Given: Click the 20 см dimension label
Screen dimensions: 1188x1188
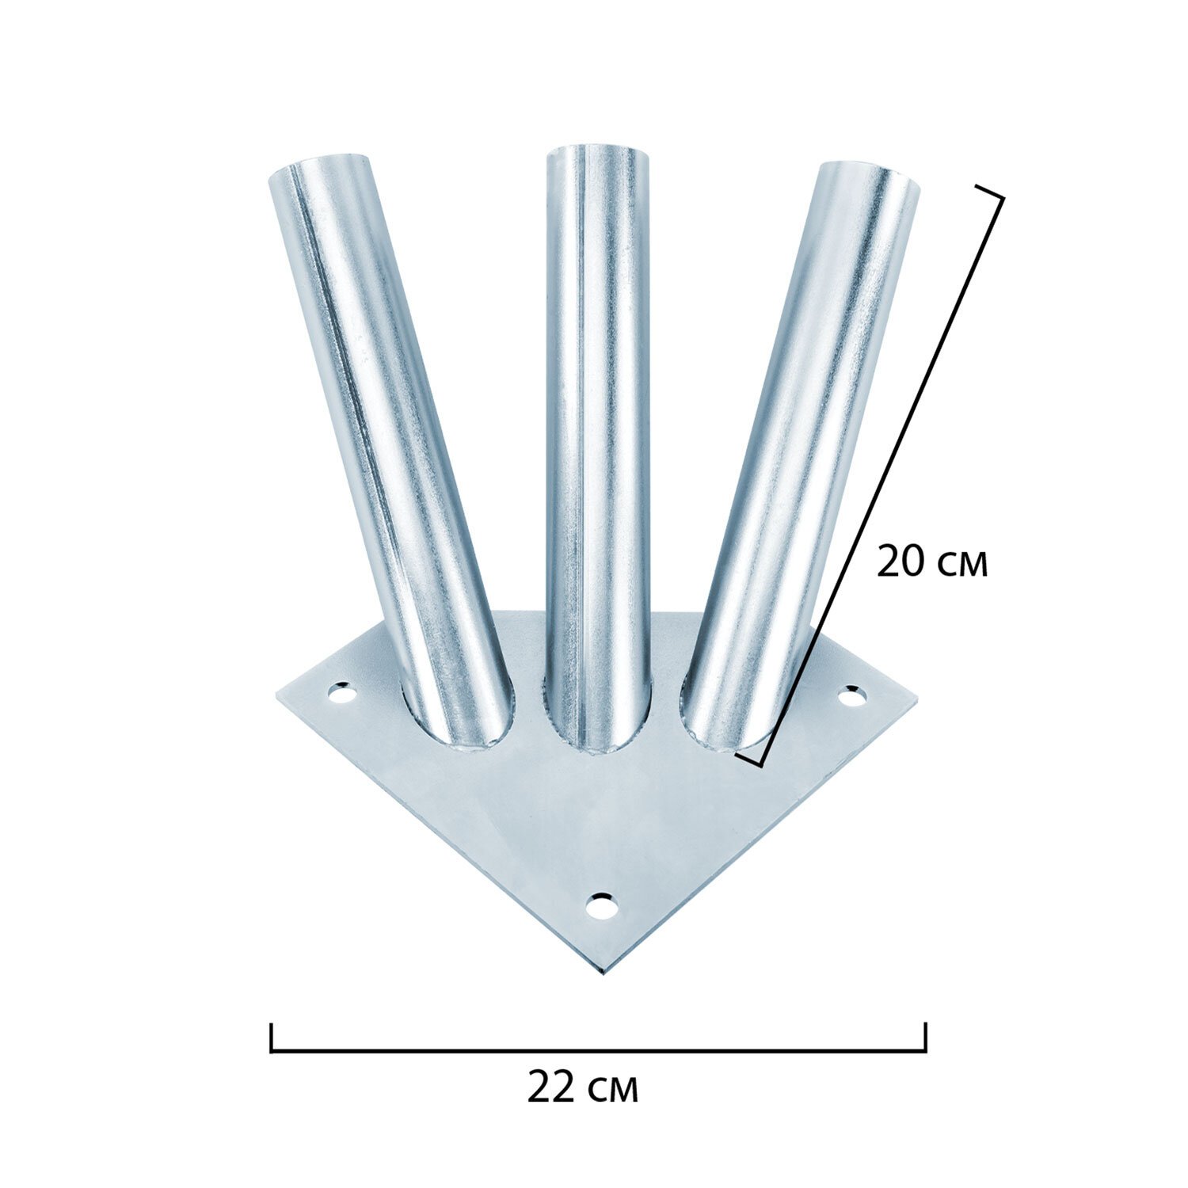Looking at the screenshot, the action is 932,563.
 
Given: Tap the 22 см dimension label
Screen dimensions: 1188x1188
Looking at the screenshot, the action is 582,1090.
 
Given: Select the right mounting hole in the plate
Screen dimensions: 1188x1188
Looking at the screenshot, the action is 851,697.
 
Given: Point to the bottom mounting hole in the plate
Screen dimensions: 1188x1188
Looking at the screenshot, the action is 602,904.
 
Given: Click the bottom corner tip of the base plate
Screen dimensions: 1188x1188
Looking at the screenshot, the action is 604,973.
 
